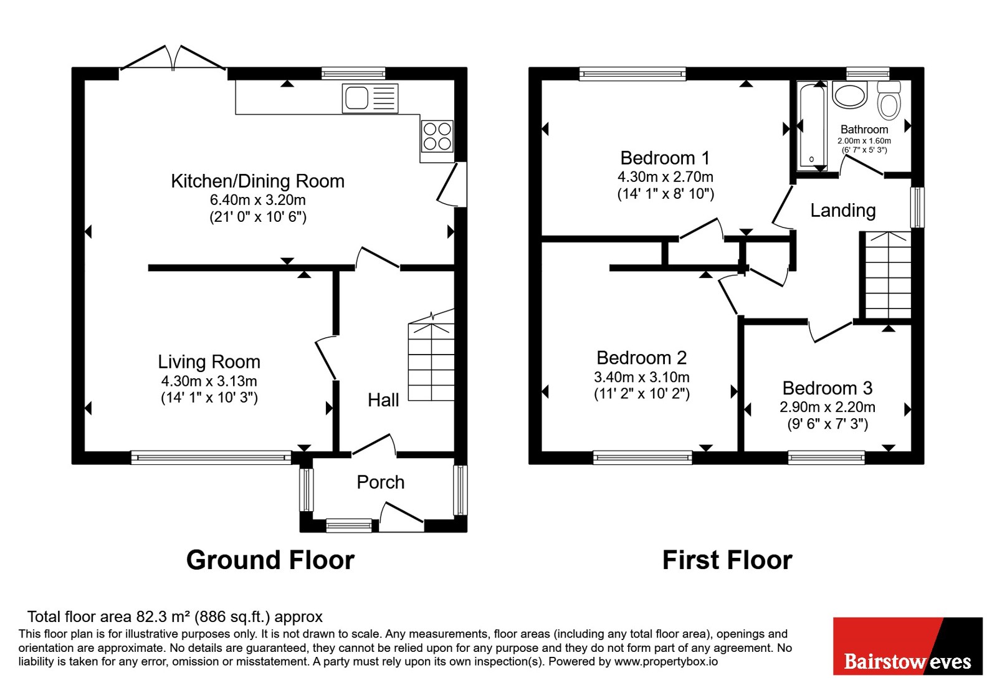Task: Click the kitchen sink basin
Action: click(x=356, y=98)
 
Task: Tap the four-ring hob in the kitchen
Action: click(x=437, y=136)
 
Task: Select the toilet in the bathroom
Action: click(x=889, y=100)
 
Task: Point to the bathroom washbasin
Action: click(x=850, y=94)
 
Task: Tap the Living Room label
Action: click(x=209, y=362)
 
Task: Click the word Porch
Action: click(x=381, y=482)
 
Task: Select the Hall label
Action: click(x=383, y=400)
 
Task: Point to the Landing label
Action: click(x=843, y=211)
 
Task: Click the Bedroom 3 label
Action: click(x=828, y=388)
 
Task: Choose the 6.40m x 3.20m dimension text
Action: click(x=258, y=200)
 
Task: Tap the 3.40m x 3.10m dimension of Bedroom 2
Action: click(x=642, y=377)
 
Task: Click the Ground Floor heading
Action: click(x=270, y=560)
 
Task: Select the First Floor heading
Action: click(x=727, y=560)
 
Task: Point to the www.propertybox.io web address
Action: click(x=666, y=661)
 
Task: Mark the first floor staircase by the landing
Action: click(x=888, y=275)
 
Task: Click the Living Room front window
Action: click(x=211, y=457)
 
